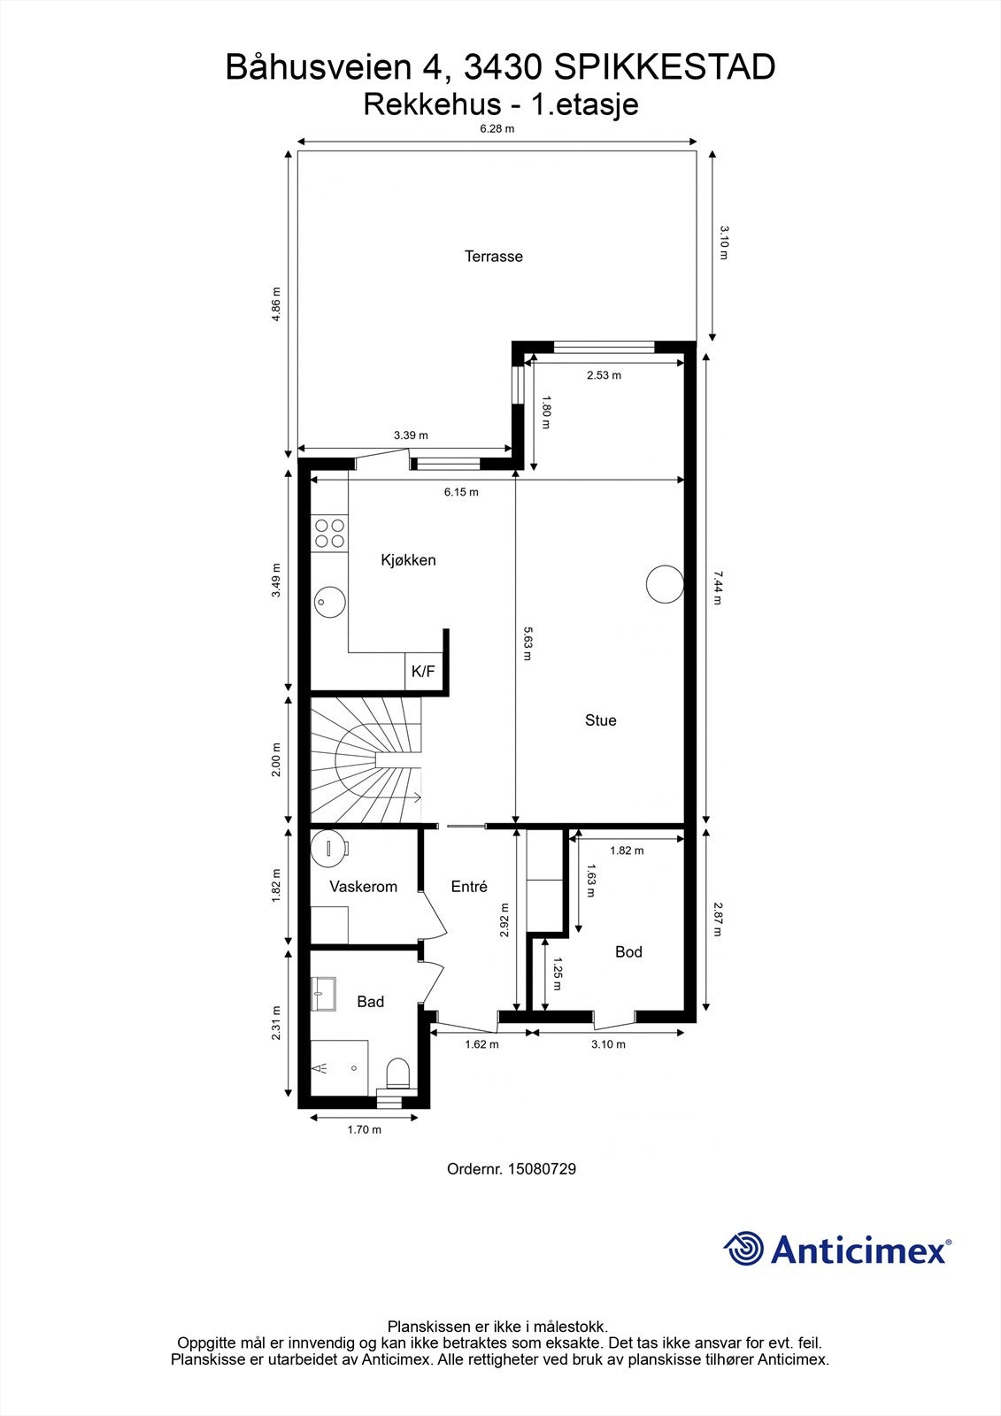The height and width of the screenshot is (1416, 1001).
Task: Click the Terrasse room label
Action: coord(493,257)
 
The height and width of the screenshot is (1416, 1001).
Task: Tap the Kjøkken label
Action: coord(408,560)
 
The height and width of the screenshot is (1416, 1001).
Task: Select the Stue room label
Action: coord(600,720)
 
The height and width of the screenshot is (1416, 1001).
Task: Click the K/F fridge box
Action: coord(424,671)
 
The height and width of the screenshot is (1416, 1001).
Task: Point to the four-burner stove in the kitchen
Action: coord(329,533)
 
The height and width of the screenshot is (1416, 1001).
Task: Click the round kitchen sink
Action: coord(329,600)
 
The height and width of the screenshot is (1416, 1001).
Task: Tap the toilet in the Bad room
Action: coord(397,1074)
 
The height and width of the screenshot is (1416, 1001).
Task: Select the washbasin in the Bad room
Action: coord(323,994)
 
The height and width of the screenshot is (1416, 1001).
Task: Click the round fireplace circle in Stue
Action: coord(665,584)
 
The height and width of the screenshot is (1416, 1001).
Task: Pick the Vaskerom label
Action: coord(363,887)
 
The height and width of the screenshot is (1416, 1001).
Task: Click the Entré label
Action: coord(469,887)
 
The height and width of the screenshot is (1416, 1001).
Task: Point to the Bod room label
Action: coord(628,951)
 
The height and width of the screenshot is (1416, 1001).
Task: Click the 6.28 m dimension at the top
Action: coord(497,129)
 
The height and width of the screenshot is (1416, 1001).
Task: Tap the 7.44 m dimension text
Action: coord(717,588)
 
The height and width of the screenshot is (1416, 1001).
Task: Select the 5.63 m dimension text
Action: coord(527,643)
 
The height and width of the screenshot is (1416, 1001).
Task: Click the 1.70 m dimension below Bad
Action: coord(365,1129)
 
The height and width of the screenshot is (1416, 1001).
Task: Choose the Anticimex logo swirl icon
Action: coord(743,1249)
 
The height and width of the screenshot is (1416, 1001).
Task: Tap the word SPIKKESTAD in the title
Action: coord(664,67)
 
